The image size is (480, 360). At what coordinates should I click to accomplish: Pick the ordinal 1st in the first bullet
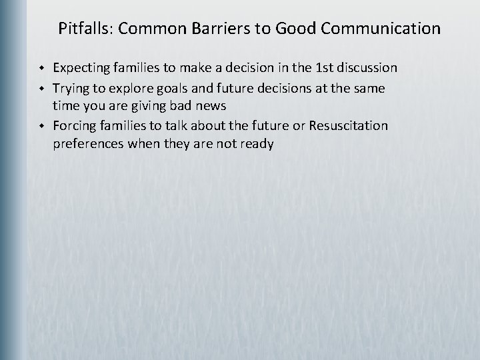tap(325, 68)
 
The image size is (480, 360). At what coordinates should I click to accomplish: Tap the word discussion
tap(368, 68)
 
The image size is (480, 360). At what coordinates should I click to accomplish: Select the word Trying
tap(70, 87)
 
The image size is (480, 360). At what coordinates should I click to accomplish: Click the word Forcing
tap(73, 125)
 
